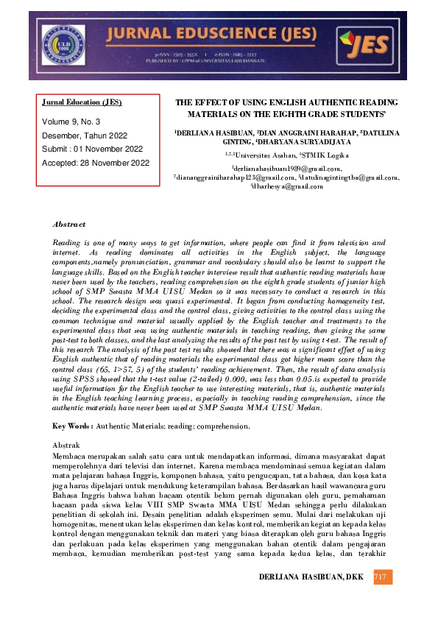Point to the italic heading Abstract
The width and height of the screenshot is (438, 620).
[x=69, y=224]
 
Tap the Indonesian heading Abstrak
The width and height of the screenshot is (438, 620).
[x=67, y=445]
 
